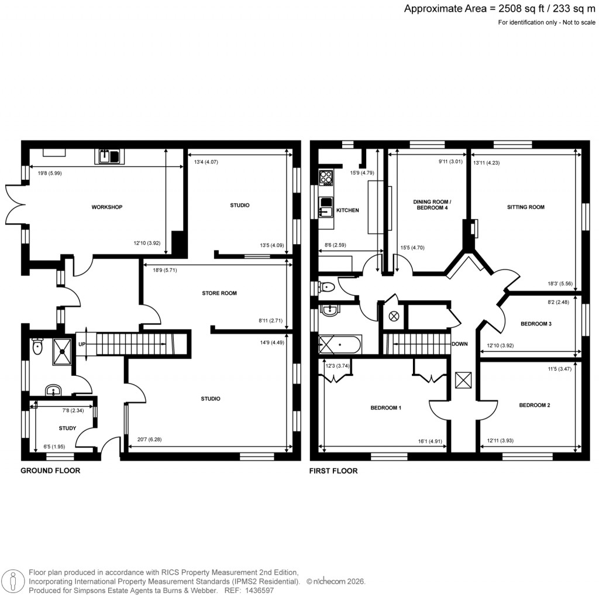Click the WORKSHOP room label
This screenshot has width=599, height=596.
pyautogui.click(x=106, y=207)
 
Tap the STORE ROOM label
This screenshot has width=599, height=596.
pyautogui.click(x=219, y=293)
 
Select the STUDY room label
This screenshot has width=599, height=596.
pyautogui.click(x=67, y=429)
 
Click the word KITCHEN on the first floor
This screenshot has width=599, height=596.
pyautogui.click(x=347, y=211)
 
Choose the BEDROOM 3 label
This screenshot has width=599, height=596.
pyautogui.click(x=536, y=324)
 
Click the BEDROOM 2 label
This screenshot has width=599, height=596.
pyautogui.click(x=534, y=405)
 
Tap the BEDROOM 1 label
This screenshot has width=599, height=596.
pyautogui.click(x=385, y=408)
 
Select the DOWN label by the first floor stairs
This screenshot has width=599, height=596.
pyautogui.click(x=459, y=344)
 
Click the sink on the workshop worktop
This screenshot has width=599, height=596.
pyautogui.click(x=109, y=156)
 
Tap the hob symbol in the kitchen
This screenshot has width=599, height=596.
pyautogui.click(x=326, y=176)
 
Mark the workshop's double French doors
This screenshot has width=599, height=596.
pyautogui.click(x=15, y=203)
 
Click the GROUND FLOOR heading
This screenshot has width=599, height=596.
pyautogui.click(x=50, y=471)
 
